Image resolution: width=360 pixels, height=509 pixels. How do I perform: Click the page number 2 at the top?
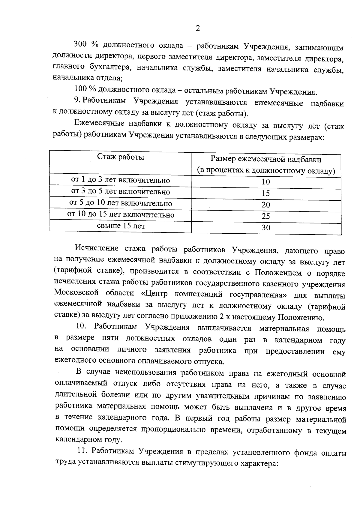pos(197,28)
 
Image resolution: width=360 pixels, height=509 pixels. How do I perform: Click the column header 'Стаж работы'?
pos(121,157)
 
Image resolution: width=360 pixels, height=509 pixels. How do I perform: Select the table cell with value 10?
pos(266,182)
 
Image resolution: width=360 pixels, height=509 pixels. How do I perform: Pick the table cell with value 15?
pos(266,193)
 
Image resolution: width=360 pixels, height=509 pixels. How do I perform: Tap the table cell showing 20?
pos(266,205)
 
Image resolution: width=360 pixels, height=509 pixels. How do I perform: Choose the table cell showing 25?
pos(266,216)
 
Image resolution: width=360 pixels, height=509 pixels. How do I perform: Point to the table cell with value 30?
pos(266,228)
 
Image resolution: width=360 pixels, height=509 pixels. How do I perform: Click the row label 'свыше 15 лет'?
pos(121,226)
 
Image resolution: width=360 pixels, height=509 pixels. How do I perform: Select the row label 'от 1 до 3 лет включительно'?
pos(121,180)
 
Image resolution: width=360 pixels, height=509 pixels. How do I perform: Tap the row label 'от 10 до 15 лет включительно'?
pos(121,215)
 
